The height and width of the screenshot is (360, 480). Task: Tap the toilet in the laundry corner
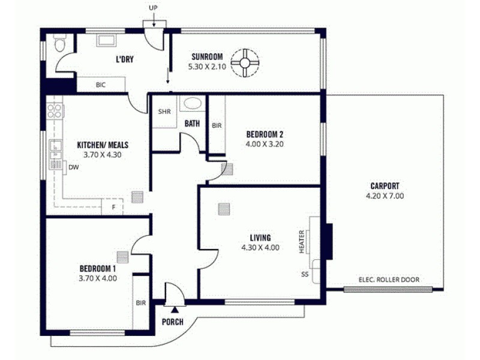(59, 45)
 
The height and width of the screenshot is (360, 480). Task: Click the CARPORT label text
(385, 186)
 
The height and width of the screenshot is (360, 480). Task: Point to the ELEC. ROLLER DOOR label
(388, 280)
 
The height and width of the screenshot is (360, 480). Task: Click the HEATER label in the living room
(302, 241)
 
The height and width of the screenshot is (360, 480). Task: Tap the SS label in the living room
(305, 274)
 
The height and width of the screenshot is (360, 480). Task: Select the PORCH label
(173, 322)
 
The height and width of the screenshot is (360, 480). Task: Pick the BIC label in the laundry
(101, 85)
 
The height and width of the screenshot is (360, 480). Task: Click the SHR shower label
(164, 112)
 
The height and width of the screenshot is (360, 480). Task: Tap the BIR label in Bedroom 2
(217, 125)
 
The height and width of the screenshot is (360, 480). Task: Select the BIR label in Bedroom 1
(141, 303)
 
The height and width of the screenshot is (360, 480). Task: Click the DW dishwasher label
(73, 167)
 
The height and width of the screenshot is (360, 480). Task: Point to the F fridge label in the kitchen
(112, 208)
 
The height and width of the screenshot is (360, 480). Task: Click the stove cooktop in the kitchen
(55, 110)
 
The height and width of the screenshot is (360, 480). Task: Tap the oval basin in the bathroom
(193, 103)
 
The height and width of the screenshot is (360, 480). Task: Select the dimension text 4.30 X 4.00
(260, 247)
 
